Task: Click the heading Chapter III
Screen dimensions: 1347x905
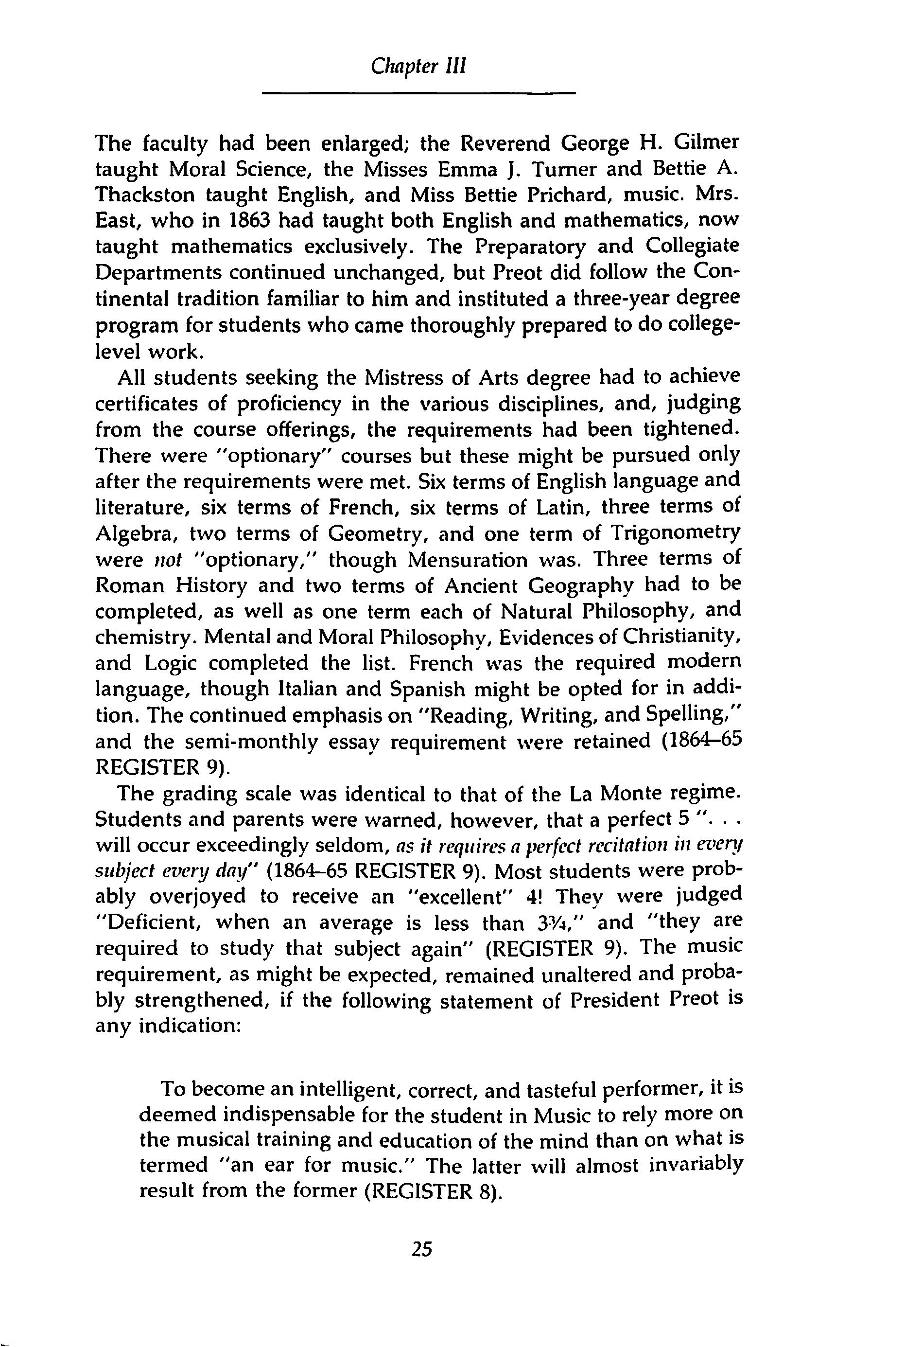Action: click(x=418, y=67)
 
